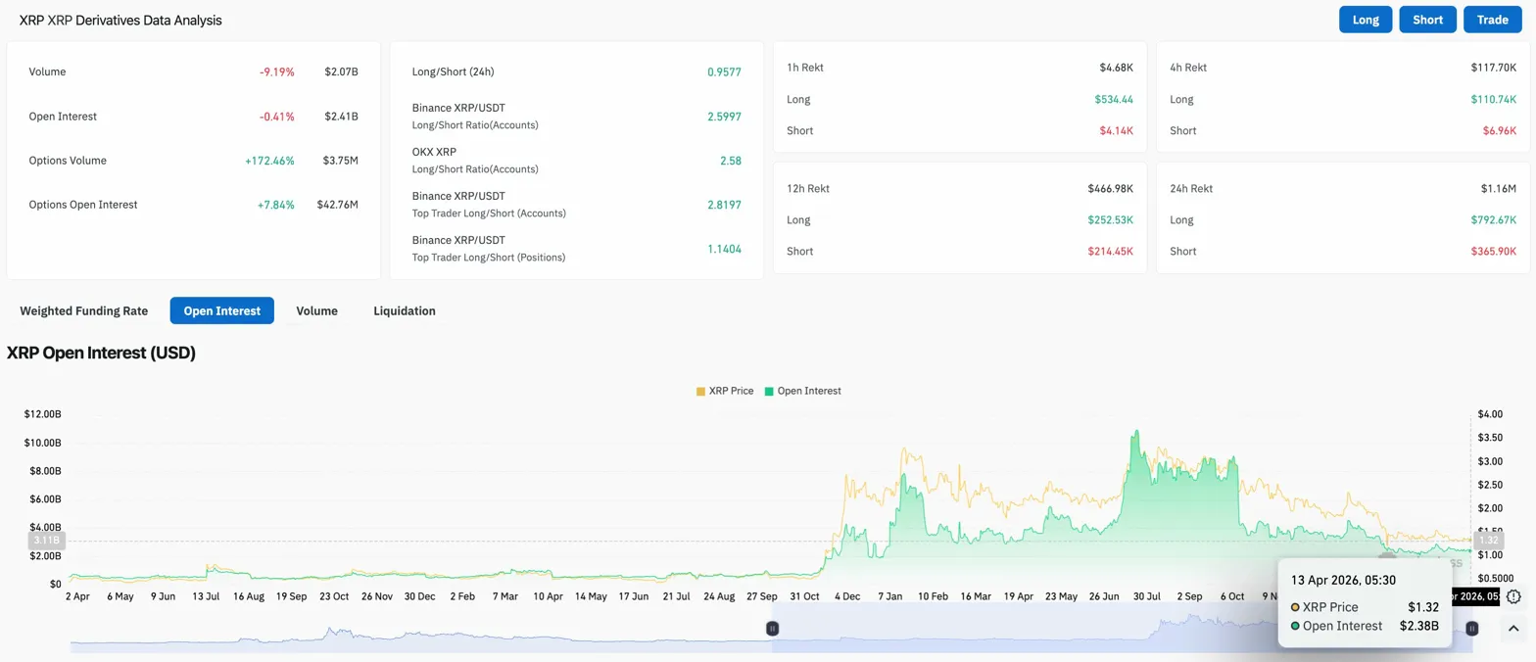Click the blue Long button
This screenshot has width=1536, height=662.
pos(1366,20)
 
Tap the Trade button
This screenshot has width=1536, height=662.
pos(1492,20)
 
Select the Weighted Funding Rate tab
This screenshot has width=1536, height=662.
pos(84,310)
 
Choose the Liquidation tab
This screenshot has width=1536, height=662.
pos(405,310)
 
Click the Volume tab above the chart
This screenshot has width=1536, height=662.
pos(316,310)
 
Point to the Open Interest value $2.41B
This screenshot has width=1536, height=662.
pos(342,117)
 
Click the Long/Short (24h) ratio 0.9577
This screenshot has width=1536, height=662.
pos(724,72)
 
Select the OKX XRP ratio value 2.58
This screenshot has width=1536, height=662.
pos(730,161)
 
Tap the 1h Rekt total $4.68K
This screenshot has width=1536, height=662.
pos(1116,68)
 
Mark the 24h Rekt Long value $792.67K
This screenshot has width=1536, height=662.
pos(1489,220)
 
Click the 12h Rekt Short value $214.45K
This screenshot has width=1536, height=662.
pos(1110,252)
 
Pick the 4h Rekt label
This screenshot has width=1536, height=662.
pos(1188,68)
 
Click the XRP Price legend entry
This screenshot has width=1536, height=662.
pos(725,391)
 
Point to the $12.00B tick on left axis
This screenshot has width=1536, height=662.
pos(43,414)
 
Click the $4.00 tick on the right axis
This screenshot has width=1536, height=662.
pos(1489,414)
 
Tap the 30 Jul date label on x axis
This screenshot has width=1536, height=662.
pos(1147,595)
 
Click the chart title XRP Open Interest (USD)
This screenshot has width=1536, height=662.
pos(102,354)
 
